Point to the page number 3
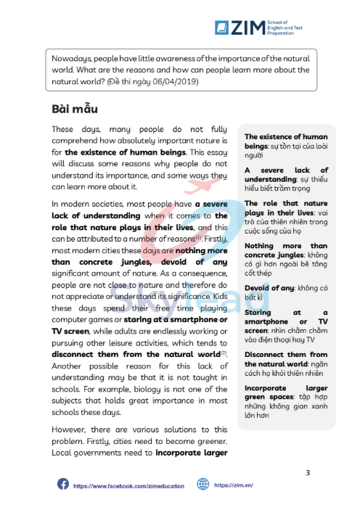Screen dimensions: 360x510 (x=307, y=473)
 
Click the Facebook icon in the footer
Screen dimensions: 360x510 (x=63, y=484)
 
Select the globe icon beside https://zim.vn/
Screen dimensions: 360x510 (x=202, y=484)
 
